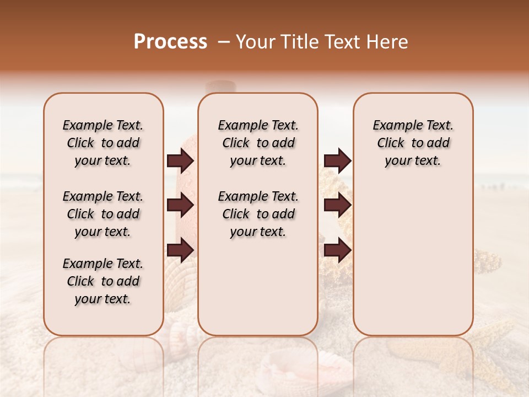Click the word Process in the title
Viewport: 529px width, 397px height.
[x=170, y=42]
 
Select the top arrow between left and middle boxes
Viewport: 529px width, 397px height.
[x=180, y=161]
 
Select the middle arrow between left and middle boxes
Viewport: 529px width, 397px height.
[x=180, y=206]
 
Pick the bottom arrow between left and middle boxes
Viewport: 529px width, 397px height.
[x=180, y=250]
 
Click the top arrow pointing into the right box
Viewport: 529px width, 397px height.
[x=337, y=161]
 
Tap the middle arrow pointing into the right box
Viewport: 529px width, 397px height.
[x=337, y=206]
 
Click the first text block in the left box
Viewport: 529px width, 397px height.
[x=103, y=143]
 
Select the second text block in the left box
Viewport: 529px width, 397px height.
[x=103, y=214]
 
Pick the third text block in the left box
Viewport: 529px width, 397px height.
[x=103, y=281]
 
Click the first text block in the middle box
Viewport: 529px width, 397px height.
[x=258, y=143]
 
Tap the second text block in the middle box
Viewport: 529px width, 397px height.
[x=258, y=214]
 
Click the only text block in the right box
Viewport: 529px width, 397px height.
[x=413, y=143]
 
